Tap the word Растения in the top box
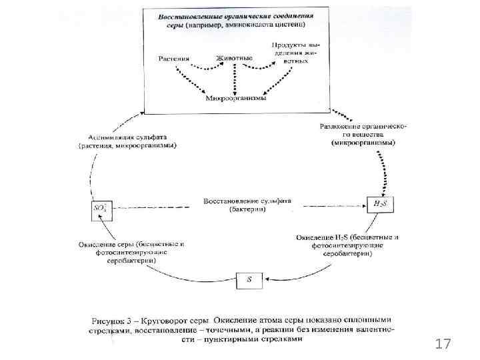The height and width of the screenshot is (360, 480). [173, 58]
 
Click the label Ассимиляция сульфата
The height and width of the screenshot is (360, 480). [121, 137]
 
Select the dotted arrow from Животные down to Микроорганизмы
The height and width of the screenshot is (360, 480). [235, 79]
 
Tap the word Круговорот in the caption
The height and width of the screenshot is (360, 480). [164, 319]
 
